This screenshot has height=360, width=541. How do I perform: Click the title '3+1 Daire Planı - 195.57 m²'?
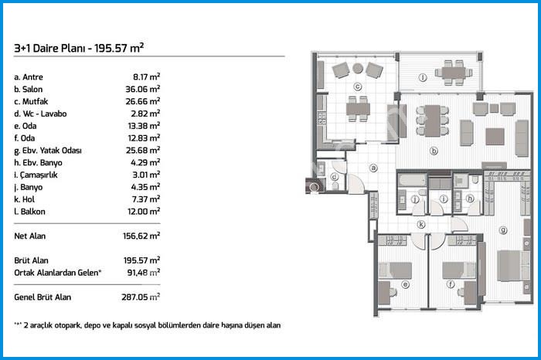pos(79,48)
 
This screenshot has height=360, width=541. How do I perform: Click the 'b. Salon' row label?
pos(29,90)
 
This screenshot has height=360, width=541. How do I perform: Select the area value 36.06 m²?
pos(143,89)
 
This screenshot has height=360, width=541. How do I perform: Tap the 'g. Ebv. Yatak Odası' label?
pos(48,151)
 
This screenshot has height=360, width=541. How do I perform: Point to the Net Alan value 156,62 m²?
pos(141,236)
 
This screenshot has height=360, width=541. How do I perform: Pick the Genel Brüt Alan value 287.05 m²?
pos(141,297)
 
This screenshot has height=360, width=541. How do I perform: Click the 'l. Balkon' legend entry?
pos(29,212)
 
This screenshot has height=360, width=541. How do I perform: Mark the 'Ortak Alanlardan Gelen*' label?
pos(58,273)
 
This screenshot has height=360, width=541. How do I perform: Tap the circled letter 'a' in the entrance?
pos(373,168)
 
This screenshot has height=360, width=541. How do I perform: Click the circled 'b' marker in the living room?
pos(434,151)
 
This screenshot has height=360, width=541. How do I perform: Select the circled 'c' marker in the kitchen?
pos(358,87)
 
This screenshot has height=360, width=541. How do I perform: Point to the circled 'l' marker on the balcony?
pos(423,77)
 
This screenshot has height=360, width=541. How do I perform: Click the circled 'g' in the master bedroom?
pos(503,230)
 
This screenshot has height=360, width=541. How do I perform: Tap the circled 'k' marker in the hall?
pos(421,225)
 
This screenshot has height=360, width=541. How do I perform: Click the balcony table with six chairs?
pos(454,73)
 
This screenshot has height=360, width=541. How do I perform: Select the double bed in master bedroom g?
pos(513,266)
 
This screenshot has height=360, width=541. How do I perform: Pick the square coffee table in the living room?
pos(495,137)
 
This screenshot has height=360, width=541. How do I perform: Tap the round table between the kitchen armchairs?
pos(358,68)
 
